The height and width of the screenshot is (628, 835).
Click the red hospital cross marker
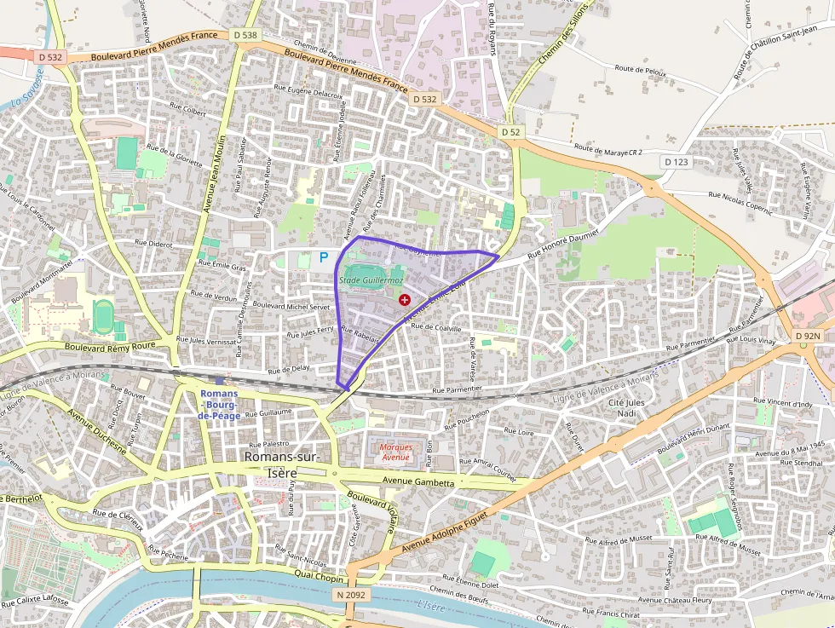404,300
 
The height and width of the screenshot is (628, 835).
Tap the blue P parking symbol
324,256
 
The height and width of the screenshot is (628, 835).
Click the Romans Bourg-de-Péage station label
219,404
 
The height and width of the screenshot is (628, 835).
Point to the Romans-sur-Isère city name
282,464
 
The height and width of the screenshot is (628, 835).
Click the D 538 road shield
244,35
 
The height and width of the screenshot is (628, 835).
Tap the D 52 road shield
510,132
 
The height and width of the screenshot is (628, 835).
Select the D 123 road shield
676,162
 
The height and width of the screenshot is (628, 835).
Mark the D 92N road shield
808,337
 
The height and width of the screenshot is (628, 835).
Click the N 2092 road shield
351,595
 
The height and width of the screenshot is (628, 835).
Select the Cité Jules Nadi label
628,407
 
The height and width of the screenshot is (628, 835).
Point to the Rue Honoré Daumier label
563,243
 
